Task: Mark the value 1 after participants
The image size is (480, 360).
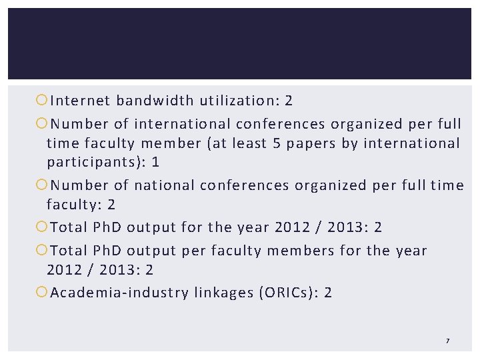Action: point(155,162)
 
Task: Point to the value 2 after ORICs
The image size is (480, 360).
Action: point(327,293)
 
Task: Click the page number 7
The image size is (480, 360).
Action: point(447,341)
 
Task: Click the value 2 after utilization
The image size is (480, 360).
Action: point(289,101)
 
